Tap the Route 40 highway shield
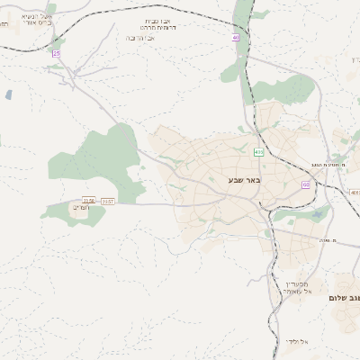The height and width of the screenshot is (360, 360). click(x=237, y=38)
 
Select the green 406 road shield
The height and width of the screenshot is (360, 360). click(x=258, y=152)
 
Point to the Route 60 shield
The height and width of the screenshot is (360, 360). click(x=306, y=184)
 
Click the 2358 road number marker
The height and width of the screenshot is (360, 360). click(x=88, y=201)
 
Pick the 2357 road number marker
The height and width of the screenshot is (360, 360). click(x=108, y=201)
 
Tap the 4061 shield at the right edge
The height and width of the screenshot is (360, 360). click(x=355, y=193)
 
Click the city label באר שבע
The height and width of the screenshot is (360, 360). click(x=242, y=180)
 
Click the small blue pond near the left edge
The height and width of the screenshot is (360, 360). click(x=8, y=94)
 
